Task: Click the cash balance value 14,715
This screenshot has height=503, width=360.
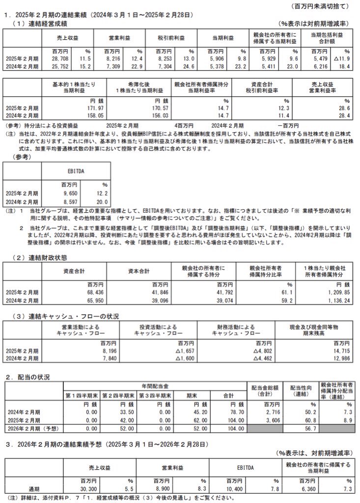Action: (339, 352)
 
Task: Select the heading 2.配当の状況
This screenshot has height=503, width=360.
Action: (28, 377)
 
